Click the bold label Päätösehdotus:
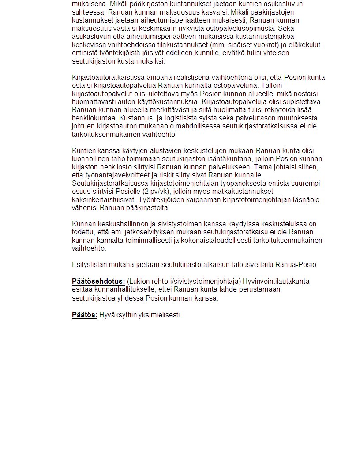(x=98, y=282)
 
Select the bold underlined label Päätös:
(x=85, y=315)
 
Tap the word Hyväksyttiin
(x=116, y=315)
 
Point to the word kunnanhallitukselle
(x=119, y=289)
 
